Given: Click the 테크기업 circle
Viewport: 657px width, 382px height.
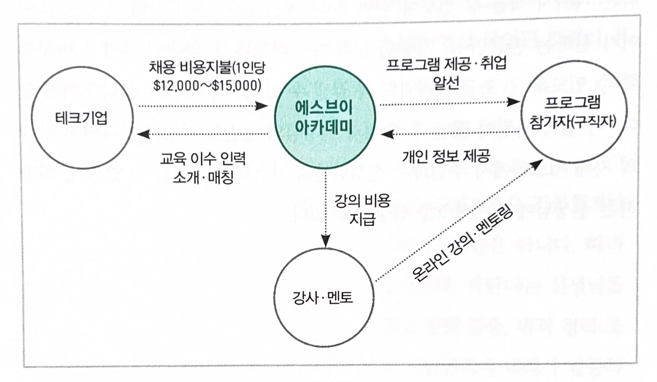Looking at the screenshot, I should [82, 118].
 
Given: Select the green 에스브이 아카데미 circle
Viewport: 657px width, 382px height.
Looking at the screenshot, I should [324, 117].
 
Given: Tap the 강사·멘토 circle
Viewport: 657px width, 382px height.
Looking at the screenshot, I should [324, 297].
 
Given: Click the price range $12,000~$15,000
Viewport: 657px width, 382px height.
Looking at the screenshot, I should [207, 85].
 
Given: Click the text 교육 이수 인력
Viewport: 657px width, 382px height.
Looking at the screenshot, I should [203, 159].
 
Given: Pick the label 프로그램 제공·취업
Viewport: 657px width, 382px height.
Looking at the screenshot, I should [446, 64].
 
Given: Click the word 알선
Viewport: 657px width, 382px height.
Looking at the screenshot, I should [446, 83].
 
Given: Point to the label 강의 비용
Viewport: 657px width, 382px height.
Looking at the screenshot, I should [362, 201].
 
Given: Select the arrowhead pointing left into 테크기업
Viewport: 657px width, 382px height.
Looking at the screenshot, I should [144, 134].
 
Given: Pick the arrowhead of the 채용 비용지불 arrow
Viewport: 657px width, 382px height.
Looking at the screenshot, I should [262, 106].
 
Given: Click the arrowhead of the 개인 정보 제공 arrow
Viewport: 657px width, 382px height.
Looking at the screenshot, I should [387, 134].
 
